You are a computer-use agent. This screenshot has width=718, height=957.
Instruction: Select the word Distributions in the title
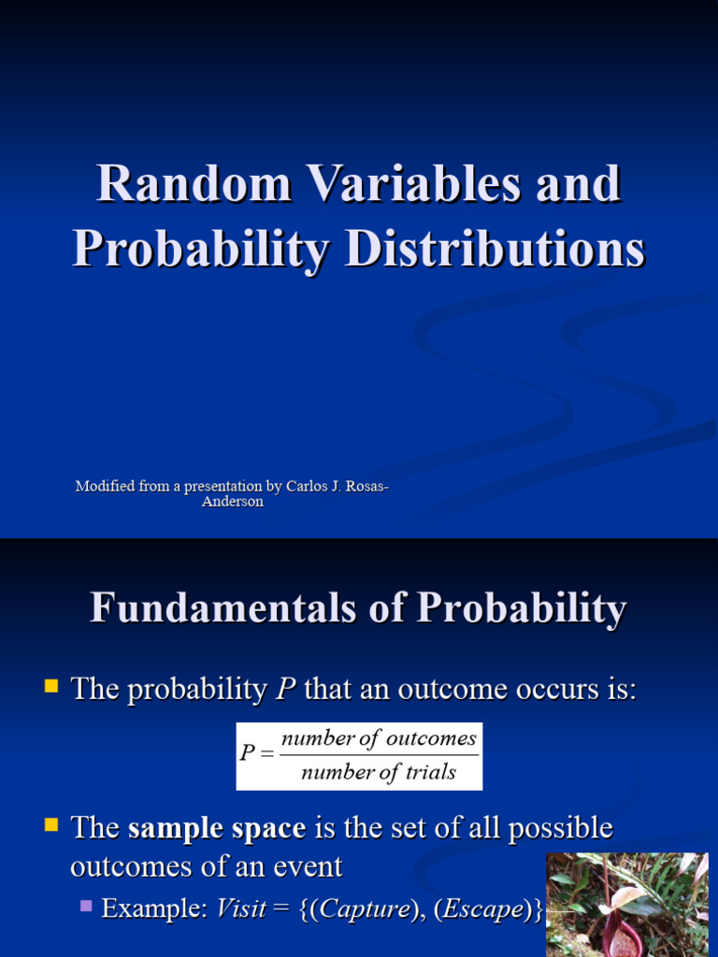click(x=495, y=250)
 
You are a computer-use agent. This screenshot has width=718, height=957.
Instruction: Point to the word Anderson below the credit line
click(x=233, y=502)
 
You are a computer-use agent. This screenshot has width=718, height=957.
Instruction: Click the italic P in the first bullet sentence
click(x=285, y=691)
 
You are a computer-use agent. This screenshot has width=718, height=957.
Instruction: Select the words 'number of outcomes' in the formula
click(x=379, y=738)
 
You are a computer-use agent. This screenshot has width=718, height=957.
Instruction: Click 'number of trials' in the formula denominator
click(x=379, y=772)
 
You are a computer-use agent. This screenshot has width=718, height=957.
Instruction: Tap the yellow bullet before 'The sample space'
click(x=51, y=826)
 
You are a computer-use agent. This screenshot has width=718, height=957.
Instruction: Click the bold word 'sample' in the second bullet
click(x=169, y=828)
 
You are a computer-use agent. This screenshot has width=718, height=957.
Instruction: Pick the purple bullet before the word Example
click(x=87, y=906)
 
